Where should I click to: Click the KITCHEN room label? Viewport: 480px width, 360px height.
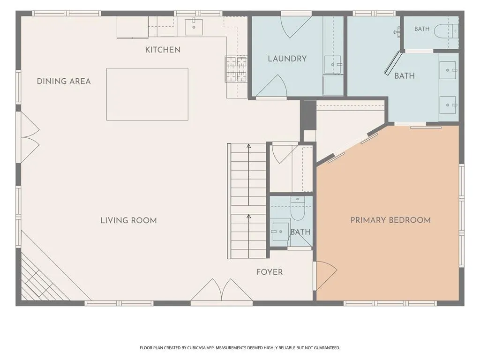click(163, 50)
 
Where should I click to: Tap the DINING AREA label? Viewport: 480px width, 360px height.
click(64, 82)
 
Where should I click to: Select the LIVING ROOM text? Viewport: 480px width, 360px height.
click(128, 220)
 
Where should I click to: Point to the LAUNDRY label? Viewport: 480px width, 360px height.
click(287, 59)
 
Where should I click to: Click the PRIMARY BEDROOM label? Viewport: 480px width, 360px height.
click(390, 220)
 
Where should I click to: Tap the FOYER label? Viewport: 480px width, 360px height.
click(270, 272)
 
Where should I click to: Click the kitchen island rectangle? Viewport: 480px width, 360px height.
click(147, 94)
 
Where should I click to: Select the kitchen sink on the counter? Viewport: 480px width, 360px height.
click(194, 27)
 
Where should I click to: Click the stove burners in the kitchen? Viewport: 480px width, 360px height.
click(236, 69)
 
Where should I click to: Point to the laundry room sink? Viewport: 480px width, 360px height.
click(333, 65)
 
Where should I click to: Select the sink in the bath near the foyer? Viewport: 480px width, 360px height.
click(280, 232)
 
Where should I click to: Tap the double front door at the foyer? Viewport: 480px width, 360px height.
click(221, 290)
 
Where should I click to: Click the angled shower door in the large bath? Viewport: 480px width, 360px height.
click(392, 63)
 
